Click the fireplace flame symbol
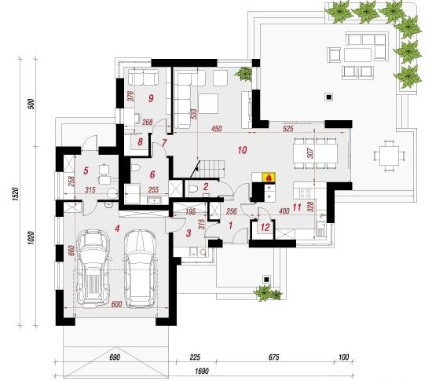269,178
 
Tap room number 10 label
242,150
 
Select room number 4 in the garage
118,229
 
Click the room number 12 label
265,228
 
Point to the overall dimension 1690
202,371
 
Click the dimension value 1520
16,194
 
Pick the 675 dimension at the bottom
273,357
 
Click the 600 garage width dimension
117,305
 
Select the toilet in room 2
193,189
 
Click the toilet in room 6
136,167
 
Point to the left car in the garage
93,269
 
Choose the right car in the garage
141,269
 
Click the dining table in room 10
315,153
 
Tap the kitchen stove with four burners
305,192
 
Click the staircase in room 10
210,170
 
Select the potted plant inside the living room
243,74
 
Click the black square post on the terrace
329,97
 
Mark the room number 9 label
151,98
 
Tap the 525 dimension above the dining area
288,129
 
